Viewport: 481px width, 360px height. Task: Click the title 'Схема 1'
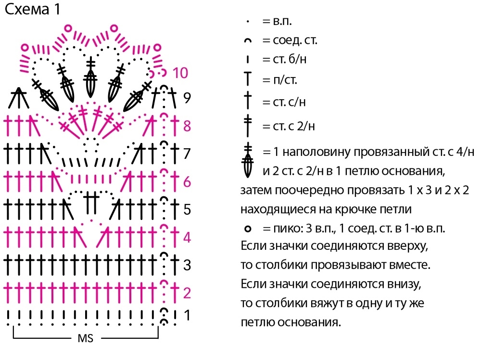click(x=33, y=9)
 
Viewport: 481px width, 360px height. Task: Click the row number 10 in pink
click(x=180, y=73)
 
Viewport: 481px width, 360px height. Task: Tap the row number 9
click(x=187, y=98)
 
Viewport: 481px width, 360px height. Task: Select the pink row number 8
click(x=187, y=126)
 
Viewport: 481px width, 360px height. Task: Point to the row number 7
click(x=187, y=154)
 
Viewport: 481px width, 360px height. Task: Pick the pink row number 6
click(x=187, y=182)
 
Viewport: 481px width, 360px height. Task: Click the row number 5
click(x=187, y=210)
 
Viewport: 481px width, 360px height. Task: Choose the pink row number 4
click(x=187, y=238)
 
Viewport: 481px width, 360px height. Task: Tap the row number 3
click(x=187, y=265)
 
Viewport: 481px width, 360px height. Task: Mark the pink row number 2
click(x=187, y=293)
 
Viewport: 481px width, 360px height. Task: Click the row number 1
click(x=187, y=316)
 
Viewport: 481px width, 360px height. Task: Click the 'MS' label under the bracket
click(x=85, y=338)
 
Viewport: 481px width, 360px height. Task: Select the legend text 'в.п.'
click(x=282, y=22)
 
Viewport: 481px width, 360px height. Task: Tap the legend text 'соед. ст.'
click(x=295, y=40)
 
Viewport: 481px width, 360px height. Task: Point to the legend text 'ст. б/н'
click(x=290, y=59)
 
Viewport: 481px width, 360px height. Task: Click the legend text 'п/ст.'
click(x=285, y=80)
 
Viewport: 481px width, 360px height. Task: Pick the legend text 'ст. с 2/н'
click(x=293, y=126)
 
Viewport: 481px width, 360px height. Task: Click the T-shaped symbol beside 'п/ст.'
click(x=248, y=78)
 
